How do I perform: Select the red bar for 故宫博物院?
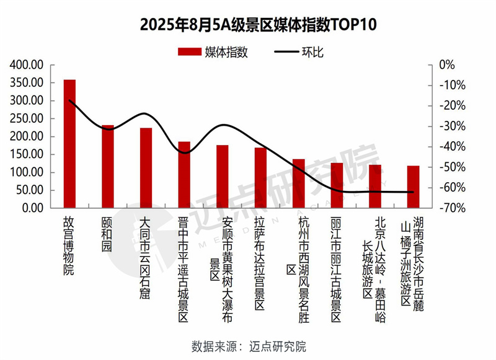coord(69,144)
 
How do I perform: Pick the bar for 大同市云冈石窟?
coord(146,168)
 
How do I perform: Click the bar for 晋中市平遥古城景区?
coord(184,175)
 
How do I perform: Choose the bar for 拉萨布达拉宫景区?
coord(260,178)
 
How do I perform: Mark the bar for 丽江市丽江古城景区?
coord(337,185)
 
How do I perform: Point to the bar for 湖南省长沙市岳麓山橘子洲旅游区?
coord(413,187)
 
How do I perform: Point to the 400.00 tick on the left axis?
coord(27,64)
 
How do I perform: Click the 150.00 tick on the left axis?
coord(27,154)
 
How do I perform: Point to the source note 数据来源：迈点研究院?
coord(249,346)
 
